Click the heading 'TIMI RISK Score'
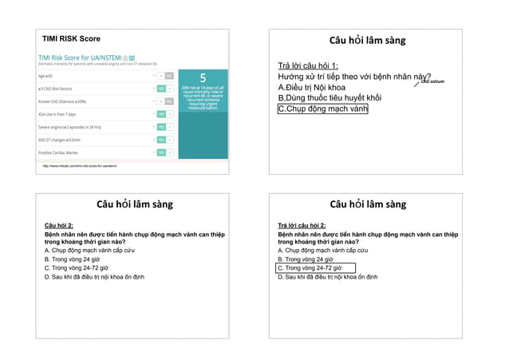tap(72, 39)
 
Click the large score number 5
tap(203, 78)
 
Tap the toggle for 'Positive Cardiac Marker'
tap(164, 152)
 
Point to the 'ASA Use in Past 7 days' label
tap(58, 114)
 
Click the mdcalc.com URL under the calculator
tap(80, 166)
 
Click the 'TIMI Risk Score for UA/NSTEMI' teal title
tap(80, 58)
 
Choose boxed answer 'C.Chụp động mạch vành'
tap(322, 109)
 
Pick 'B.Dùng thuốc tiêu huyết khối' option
tap(329, 97)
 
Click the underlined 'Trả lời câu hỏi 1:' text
tap(308, 65)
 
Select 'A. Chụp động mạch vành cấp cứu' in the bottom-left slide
tap(89, 251)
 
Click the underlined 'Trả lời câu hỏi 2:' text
tap(302, 226)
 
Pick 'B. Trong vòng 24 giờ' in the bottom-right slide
tap(306, 259)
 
